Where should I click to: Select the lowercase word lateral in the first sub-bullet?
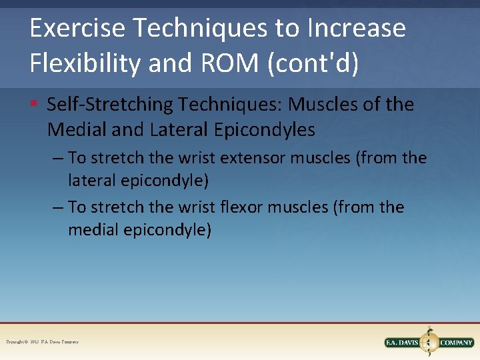tap(90, 181)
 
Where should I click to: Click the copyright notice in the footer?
tap(42, 342)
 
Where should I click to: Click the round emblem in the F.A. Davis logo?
tap(429, 342)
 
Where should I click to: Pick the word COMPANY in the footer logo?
tap(457, 343)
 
